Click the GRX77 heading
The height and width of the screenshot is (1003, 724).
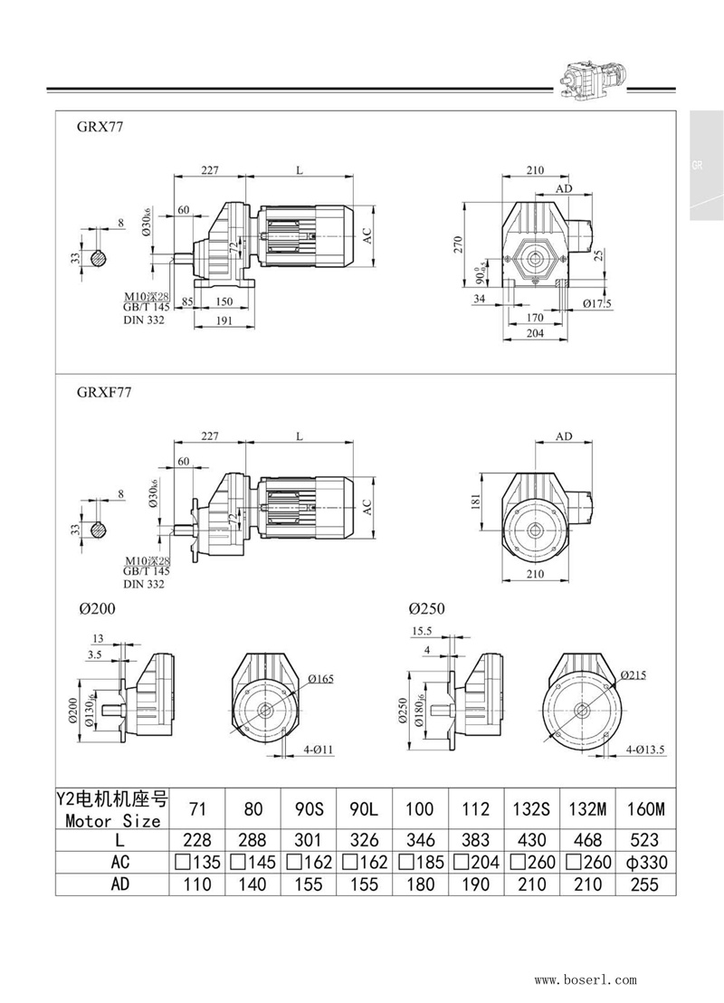click(100, 128)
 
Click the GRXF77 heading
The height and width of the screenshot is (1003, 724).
click(104, 393)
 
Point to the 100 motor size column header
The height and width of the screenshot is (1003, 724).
click(420, 808)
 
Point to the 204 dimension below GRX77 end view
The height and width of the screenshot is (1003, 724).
click(535, 332)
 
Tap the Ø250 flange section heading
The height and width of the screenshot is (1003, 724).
click(427, 609)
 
